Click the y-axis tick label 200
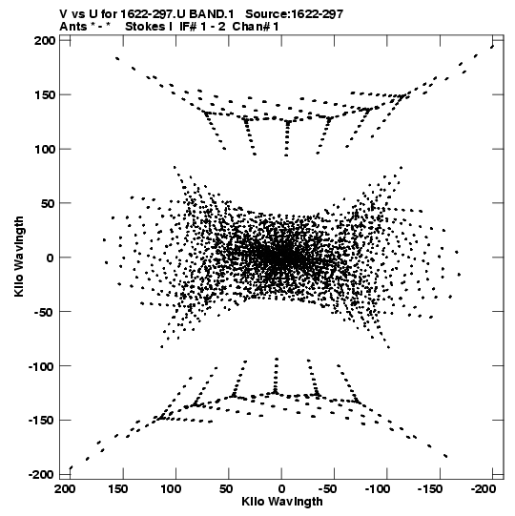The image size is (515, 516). [45, 41]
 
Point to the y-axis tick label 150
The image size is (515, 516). [45, 95]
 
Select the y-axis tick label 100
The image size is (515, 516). [45, 150]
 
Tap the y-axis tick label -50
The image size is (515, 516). [43, 312]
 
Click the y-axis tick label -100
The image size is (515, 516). [41, 366]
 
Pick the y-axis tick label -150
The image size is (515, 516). [41, 421]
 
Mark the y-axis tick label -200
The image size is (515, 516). [41, 475]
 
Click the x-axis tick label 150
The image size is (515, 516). [118, 489]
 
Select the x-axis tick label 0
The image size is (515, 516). [281, 489]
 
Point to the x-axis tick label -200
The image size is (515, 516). [484, 489]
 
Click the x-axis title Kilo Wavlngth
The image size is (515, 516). [282, 502]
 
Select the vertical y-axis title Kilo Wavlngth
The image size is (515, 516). [19, 257]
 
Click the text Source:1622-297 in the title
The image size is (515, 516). [294, 14]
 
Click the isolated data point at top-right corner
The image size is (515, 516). [492, 47]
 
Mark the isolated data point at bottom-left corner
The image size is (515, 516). [71, 467]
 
